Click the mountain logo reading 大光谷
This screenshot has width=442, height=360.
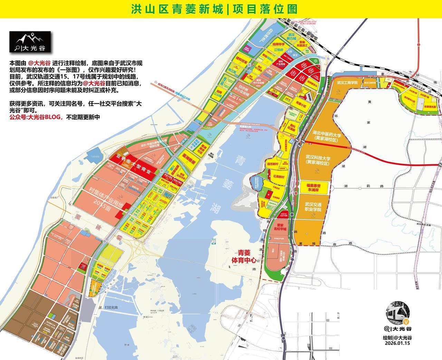30,42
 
